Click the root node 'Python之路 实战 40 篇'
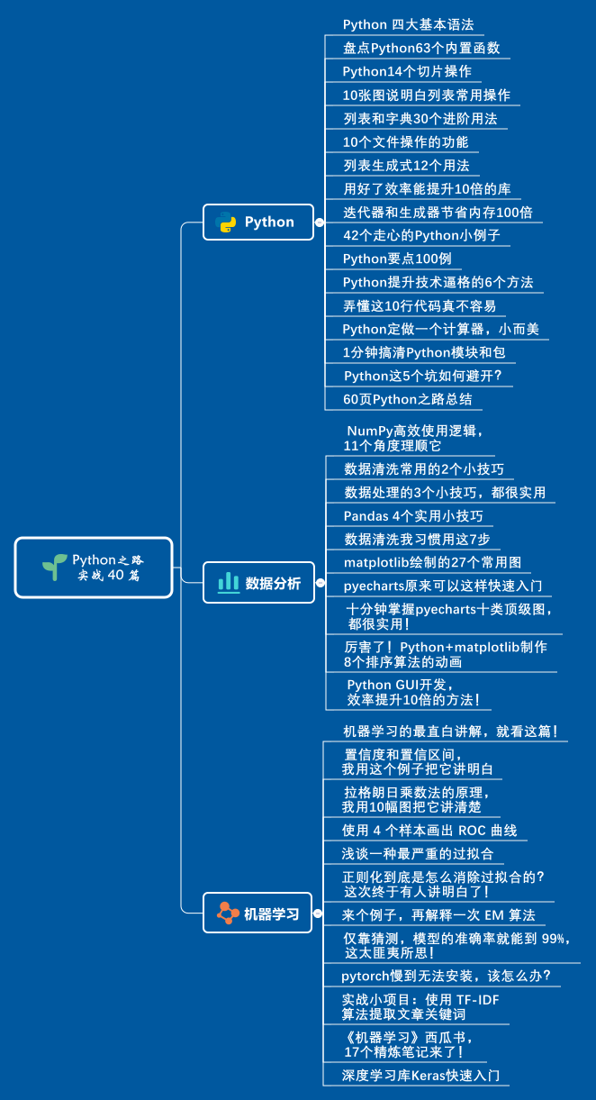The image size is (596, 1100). click(94, 568)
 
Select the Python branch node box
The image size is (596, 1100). click(257, 222)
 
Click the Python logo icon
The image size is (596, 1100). click(227, 222)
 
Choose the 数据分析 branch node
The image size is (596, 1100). click(257, 582)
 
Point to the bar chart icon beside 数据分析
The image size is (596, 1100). click(228, 582)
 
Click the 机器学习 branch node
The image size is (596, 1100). click(257, 914)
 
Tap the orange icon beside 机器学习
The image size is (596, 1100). click(228, 914)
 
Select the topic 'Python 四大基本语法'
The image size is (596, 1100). click(408, 24)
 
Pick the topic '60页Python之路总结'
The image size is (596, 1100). click(407, 399)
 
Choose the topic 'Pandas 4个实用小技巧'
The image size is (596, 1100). click(413, 516)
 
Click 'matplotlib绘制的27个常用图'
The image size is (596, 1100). click(432, 562)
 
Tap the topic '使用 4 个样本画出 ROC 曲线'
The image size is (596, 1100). click(429, 831)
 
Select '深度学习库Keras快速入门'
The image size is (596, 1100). click(420, 1076)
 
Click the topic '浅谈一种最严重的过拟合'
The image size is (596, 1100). click(418, 853)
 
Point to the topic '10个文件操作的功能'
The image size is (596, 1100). click(405, 141)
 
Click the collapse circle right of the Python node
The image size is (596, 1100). click(319, 222)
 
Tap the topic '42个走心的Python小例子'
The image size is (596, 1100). click(421, 235)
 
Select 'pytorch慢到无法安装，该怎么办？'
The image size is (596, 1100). click(447, 976)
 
